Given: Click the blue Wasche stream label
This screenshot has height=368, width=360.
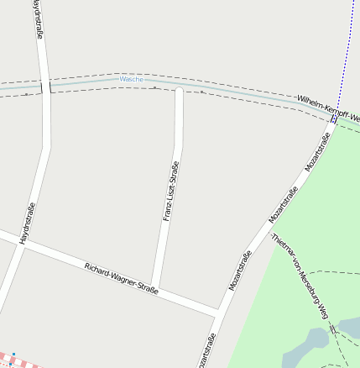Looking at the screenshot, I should [x=132, y=79].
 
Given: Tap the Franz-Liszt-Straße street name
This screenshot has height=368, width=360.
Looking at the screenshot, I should [x=170, y=191].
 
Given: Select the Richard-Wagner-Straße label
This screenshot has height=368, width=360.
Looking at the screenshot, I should [x=122, y=278].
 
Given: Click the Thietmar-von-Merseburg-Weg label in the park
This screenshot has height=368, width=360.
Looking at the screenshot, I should [x=300, y=276].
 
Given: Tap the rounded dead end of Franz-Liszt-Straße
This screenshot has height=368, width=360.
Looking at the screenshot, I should [x=179, y=90].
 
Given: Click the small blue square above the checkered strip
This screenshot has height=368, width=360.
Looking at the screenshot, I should [x=12, y=354].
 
